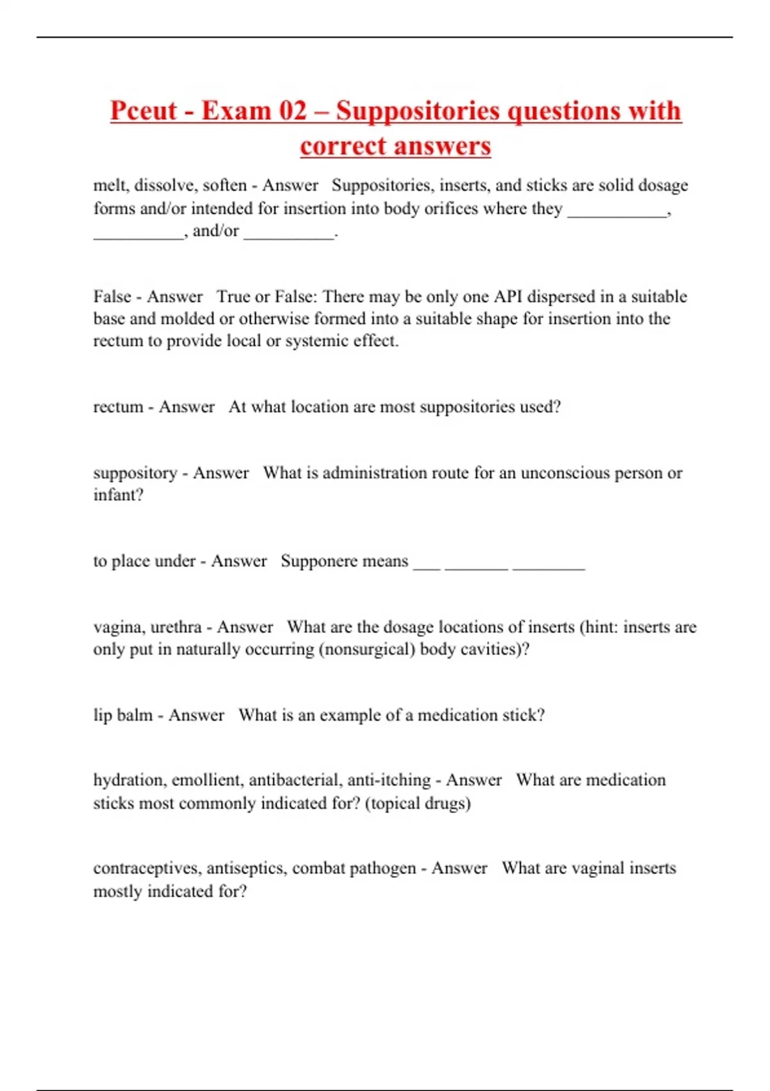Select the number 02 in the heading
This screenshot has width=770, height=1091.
(293, 110)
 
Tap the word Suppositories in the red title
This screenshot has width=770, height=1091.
(419, 110)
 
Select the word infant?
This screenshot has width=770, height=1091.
(118, 495)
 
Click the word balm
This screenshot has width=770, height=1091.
(135, 715)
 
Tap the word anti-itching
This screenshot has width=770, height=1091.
(389, 780)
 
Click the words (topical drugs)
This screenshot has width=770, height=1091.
(418, 803)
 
